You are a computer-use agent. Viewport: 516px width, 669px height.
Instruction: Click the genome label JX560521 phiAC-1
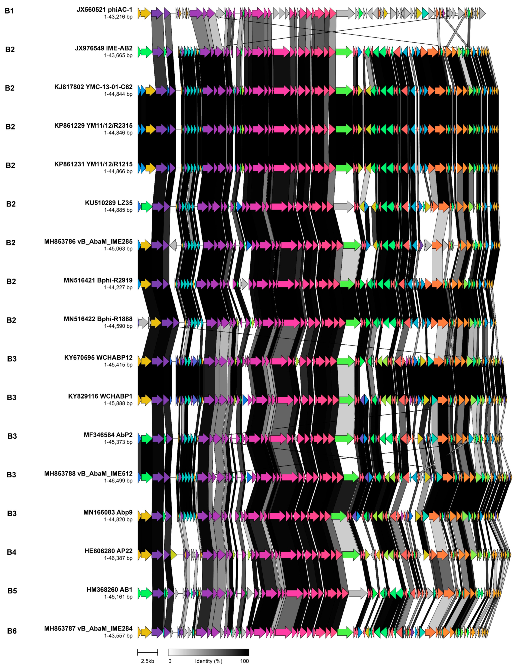tap(104, 10)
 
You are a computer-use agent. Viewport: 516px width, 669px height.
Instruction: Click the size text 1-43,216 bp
tap(118, 17)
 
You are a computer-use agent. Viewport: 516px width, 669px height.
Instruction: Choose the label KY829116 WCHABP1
tap(100, 396)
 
